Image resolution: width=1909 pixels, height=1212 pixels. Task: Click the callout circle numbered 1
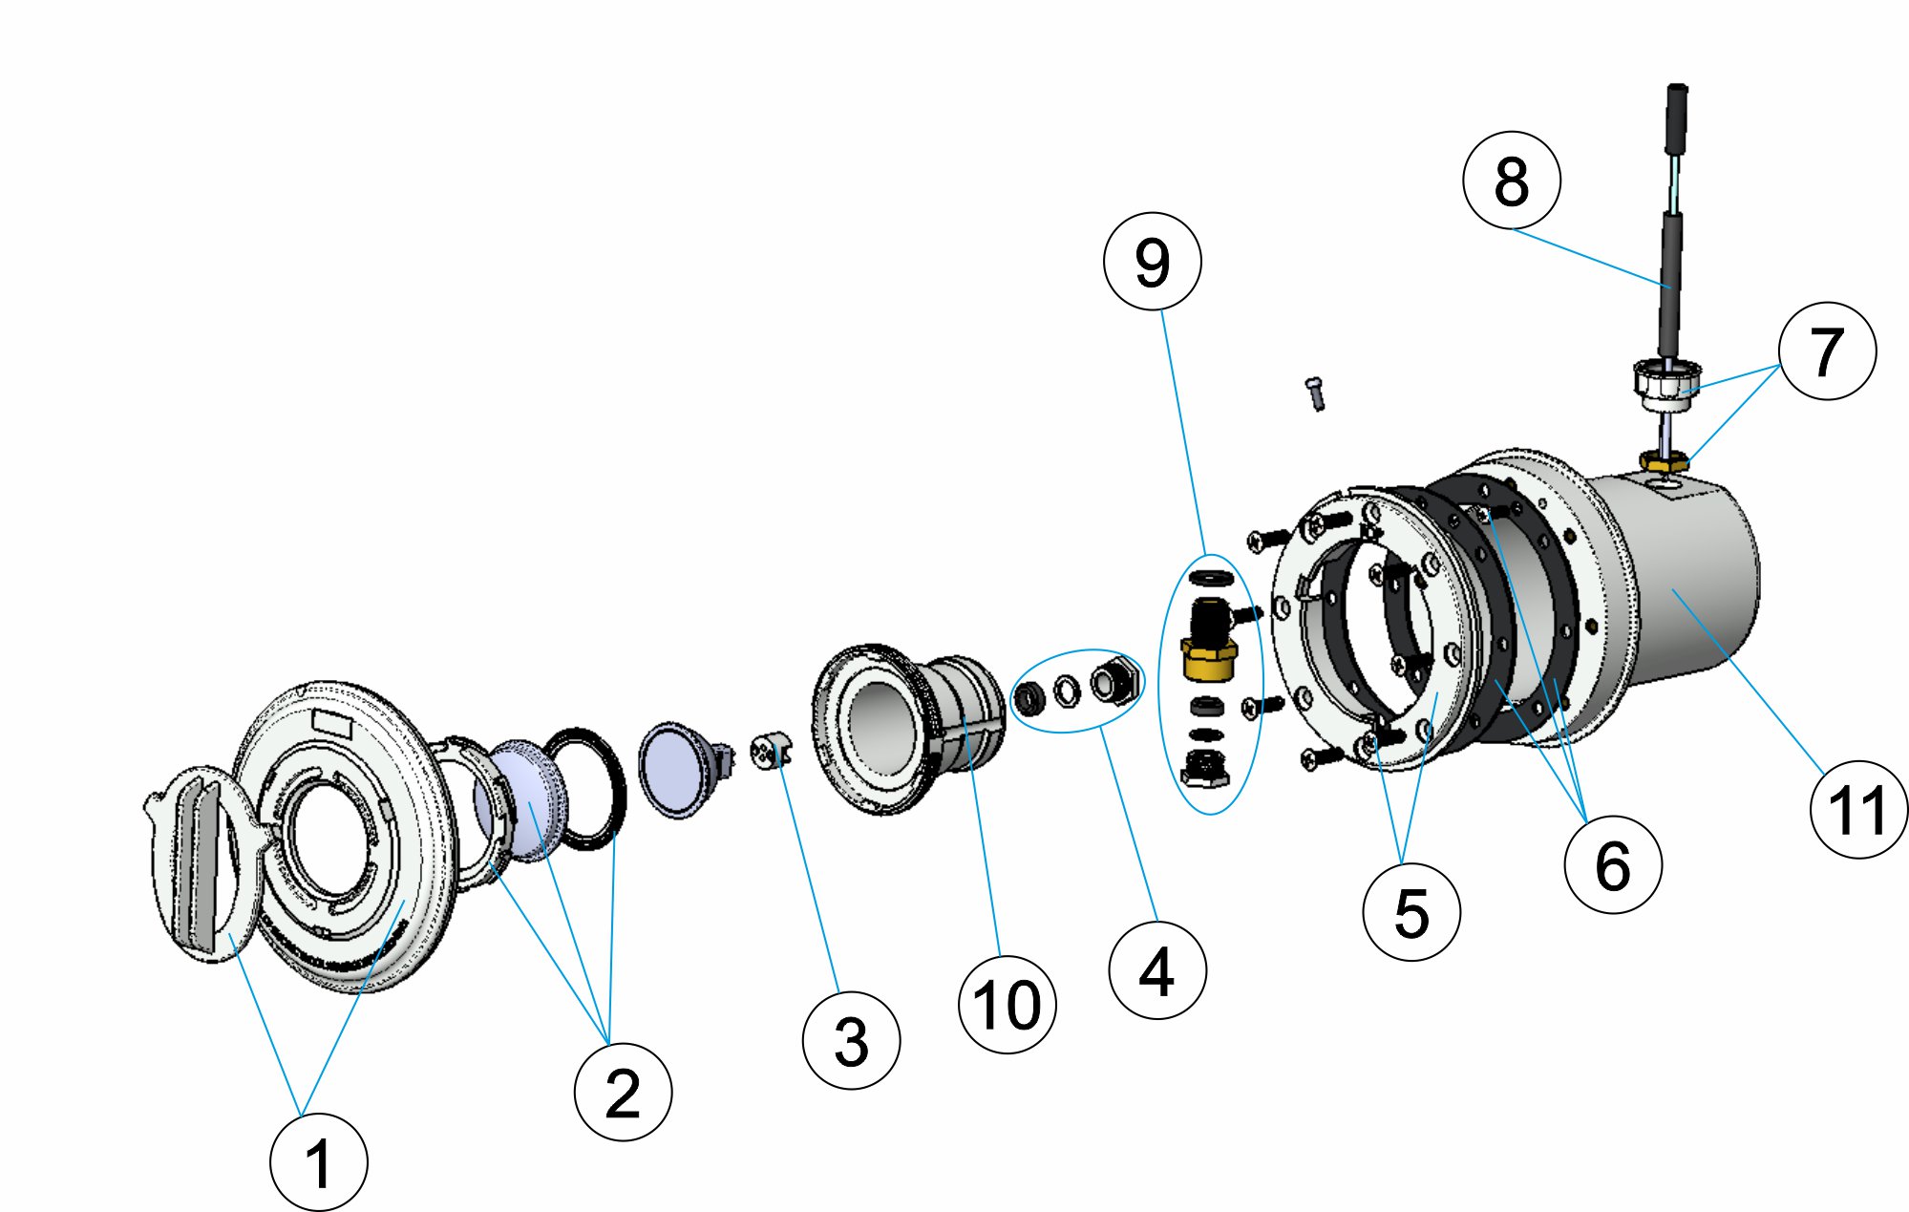pos(318,1162)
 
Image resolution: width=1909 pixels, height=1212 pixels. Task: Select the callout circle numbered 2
pos(623,1092)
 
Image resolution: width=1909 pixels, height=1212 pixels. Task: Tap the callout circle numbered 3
pos(851,1040)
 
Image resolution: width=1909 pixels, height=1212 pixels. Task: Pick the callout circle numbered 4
pos(1157,970)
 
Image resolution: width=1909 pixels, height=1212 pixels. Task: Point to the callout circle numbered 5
pos(1411,911)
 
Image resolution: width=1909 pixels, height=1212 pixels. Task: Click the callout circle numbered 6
pos(1613,864)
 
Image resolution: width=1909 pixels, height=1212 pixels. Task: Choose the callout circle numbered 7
pos(1827,351)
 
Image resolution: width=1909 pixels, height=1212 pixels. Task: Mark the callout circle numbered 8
pos(1511,180)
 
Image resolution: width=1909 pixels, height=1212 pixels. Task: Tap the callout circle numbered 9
pos(1152,261)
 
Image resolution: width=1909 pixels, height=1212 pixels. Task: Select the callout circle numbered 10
pos(1007,1005)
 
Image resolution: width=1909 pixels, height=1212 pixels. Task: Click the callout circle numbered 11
pos(1858,809)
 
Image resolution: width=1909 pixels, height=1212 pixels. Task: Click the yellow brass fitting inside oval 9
pos(1209,657)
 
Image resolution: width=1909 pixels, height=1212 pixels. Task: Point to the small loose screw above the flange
pos(1316,392)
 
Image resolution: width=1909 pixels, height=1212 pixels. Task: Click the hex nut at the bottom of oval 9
pos(1204,767)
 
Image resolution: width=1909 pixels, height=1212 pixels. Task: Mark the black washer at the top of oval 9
pos(1212,578)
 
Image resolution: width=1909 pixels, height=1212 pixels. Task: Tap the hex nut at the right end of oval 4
pos(1115,680)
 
